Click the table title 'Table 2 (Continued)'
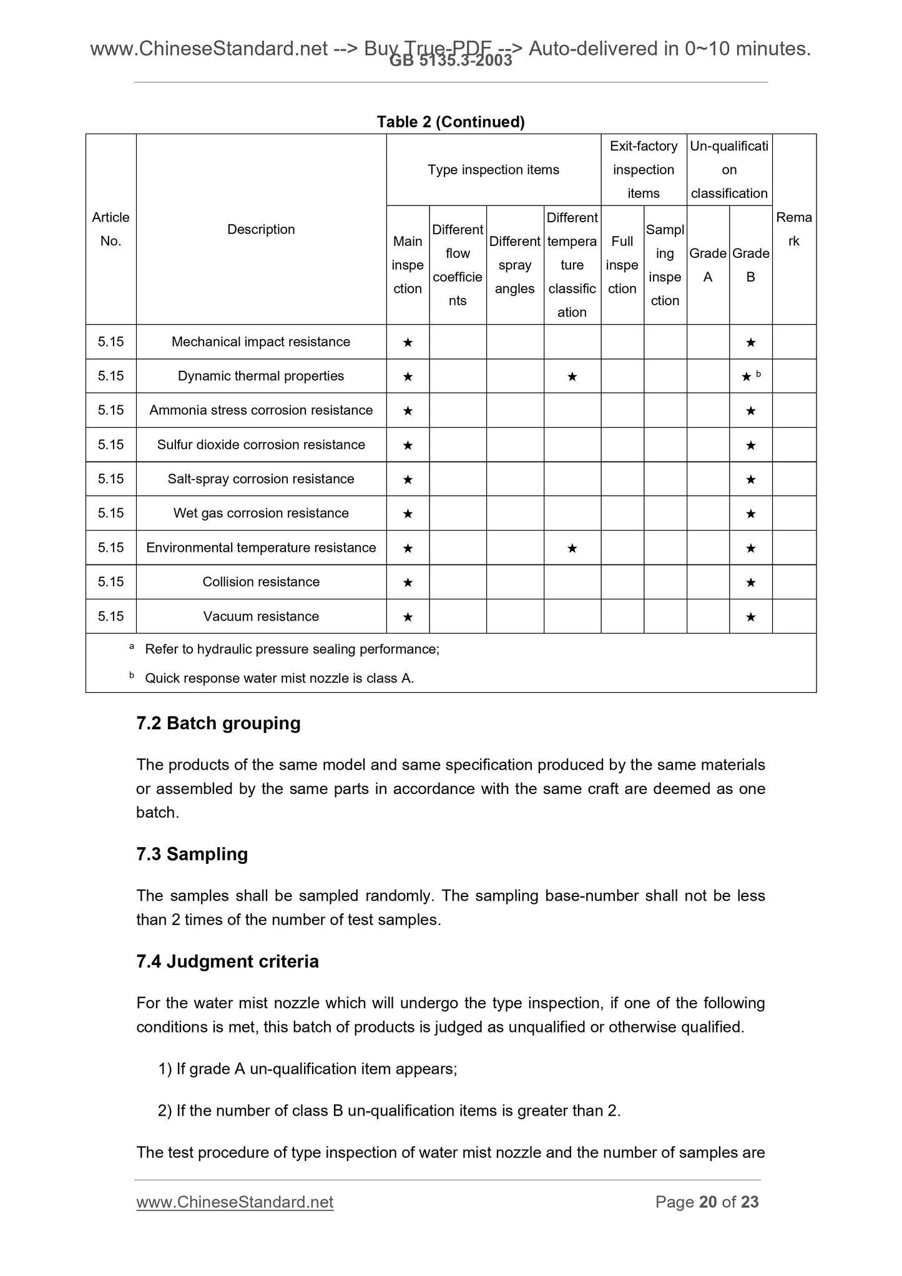coord(450,122)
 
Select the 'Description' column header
coord(261,229)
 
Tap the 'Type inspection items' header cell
coord(493,170)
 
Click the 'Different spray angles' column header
coord(515,265)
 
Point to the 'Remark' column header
coord(794,229)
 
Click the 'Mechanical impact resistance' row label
coord(261,341)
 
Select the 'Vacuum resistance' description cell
coord(261,616)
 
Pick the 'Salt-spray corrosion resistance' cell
coord(261,479)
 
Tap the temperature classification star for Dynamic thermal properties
coord(572,376)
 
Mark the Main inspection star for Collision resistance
coord(408,582)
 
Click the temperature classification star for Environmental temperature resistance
coord(572,548)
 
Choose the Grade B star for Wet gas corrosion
coord(750,514)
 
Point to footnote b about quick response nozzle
coord(278,678)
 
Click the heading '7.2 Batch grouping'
coord(218,723)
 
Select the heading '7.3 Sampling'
coord(192,853)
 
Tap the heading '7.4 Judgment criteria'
coord(227,961)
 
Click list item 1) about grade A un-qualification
coord(308,1069)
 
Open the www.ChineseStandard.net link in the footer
coord(235,1202)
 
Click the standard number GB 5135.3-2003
coord(450,61)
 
